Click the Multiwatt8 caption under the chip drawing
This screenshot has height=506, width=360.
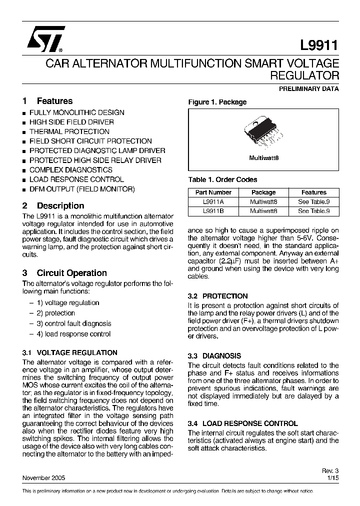coord(263,157)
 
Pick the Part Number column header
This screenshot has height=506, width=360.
coord(213,192)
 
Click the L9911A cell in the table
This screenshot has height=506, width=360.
coord(213,202)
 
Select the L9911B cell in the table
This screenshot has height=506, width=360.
coord(213,211)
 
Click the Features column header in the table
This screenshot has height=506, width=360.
coord(313,192)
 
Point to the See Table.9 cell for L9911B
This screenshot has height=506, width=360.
coord(313,211)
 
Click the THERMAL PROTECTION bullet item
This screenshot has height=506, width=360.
coord(69,131)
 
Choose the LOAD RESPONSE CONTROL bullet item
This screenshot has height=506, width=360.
coord(76,179)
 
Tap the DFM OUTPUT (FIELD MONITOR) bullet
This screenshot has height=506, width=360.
coord(82,189)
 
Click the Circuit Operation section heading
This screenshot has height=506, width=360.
coord(71,273)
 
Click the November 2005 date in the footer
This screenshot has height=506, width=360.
coord(43,478)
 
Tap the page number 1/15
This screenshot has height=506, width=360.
coord(332,478)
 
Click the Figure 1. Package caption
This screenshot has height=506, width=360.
coord(217,102)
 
